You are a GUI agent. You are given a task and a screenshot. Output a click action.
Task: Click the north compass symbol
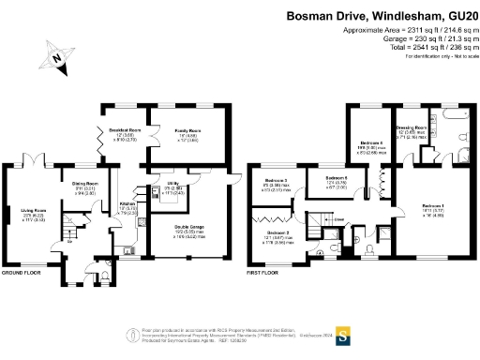(x=59, y=61)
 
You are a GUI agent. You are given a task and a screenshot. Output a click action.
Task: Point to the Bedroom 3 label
(x=276, y=179)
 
